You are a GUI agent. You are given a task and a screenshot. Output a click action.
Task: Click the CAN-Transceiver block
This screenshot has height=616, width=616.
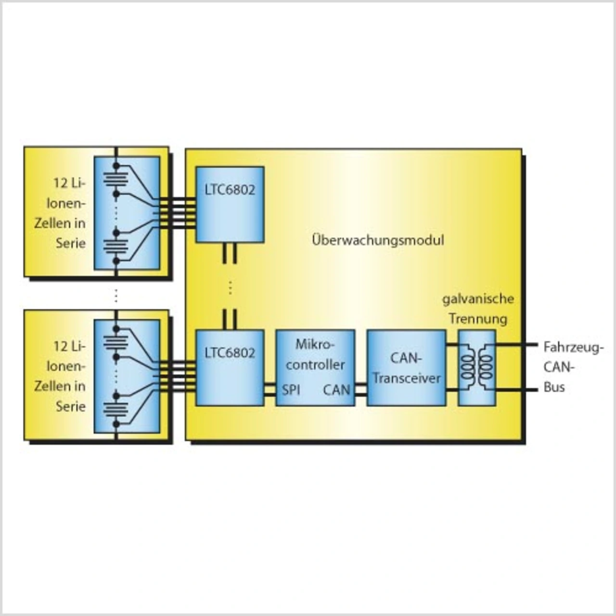[407, 368]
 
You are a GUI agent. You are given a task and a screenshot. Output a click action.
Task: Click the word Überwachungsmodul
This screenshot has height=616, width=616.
[378, 240]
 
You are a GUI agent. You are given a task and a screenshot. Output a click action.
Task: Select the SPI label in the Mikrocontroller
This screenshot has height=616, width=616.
[291, 390]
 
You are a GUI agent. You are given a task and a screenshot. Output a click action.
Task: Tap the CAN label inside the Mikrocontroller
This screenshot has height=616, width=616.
[336, 390]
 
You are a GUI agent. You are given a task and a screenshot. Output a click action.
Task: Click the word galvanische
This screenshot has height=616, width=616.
[478, 299]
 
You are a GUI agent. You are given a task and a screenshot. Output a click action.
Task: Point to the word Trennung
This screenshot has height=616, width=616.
[478, 319]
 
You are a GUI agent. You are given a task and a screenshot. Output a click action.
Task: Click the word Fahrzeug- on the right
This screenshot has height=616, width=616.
[573, 347]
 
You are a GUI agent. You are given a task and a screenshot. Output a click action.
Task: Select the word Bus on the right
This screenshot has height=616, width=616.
[554, 387]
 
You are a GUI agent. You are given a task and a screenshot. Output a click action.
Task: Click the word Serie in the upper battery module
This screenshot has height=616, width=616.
[70, 243]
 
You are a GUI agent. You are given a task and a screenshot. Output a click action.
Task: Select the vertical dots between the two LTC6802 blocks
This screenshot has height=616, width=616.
[230, 287]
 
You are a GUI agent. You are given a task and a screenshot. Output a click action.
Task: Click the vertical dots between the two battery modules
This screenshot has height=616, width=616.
[116, 295]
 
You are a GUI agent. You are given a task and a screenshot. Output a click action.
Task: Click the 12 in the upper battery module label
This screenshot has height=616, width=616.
[60, 183]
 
